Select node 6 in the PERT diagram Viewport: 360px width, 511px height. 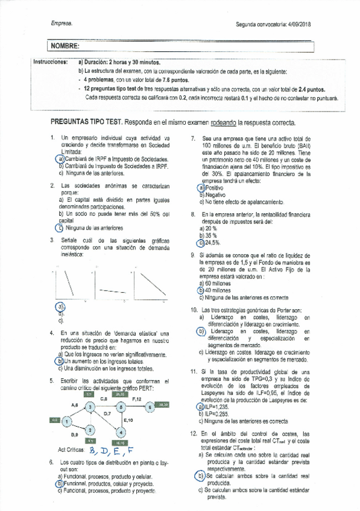tap(147, 408)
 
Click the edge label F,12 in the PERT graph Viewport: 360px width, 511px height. tap(136, 399)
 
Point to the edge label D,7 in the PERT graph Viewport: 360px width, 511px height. tap(107, 413)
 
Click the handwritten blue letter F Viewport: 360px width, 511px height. tap(129, 450)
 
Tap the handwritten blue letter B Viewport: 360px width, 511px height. tap(92, 450)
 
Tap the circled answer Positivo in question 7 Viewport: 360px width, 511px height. tap(210, 188)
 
